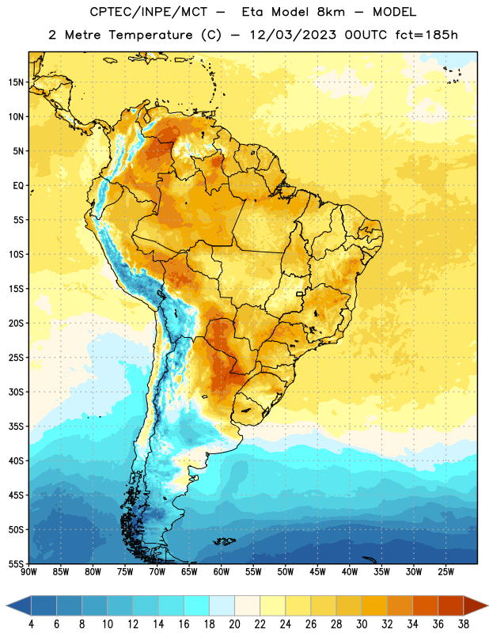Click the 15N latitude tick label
click(15, 82)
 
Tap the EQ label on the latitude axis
click(18, 186)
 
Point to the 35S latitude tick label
click(15, 426)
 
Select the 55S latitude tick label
click(15, 563)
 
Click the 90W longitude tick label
click(28, 572)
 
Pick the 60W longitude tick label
click(222, 572)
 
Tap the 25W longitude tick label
click(445, 572)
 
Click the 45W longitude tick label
click(318, 572)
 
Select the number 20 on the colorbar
click(234, 624)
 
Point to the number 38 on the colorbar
click(463, 624)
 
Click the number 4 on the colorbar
click(31, 624)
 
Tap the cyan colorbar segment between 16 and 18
click(197, 605)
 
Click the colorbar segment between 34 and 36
click(425, 605)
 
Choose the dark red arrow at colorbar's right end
click(476, 605)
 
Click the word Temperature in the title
click(150, 35)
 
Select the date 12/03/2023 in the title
click(293, 35)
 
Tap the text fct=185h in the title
click(426, 35)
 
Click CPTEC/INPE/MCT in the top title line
click(148, 12)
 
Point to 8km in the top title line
click(331, 12)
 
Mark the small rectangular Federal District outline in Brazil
click(300, 294)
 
